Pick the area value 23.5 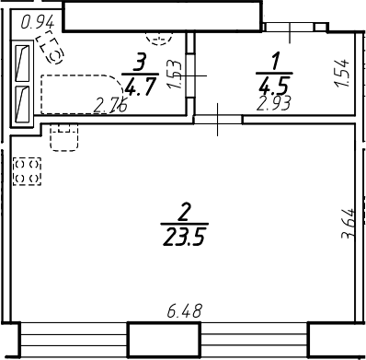click(184, 236)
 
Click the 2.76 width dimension click(111, 104)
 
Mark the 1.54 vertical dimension click(342, 73)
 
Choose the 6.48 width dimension click(184, 313)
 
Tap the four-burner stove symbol click(27, 169)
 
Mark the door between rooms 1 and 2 click(217, 118)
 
